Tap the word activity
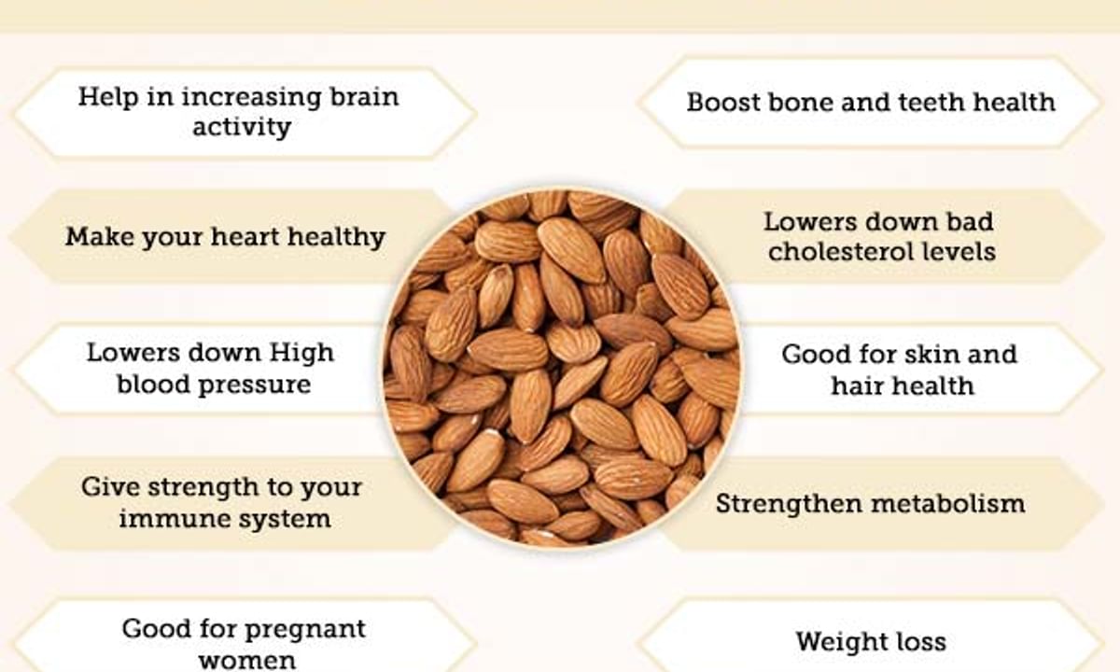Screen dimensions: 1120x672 click(x=242, y=127)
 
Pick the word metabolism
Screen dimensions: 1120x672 click(x=948, y=503)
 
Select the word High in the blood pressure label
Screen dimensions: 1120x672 click(x=301, y=354)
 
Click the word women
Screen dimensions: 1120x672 click(x=247, y=661)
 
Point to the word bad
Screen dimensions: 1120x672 click(x=970, y=221)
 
